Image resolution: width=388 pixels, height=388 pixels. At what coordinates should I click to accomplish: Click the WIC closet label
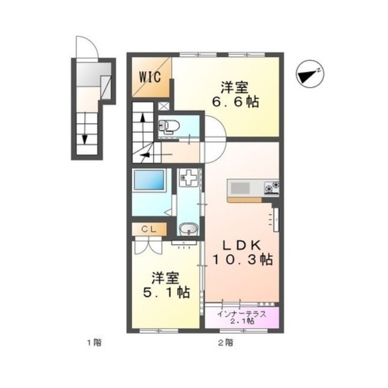(x=150, y=77)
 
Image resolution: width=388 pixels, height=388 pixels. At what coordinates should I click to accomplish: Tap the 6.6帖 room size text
(x=235, y=102)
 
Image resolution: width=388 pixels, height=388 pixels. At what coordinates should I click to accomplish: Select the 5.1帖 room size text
(x=166, y=292)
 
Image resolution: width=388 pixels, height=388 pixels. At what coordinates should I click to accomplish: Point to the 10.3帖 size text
(x=242, y=260)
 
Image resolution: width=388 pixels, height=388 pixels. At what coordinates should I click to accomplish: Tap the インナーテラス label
(x=242, y=314)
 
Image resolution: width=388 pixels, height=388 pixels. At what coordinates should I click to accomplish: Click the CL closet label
(x=149, y=230)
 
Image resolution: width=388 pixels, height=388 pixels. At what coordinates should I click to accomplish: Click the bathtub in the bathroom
(x=148, y=180)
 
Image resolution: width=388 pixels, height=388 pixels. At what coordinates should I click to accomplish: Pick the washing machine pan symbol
(x=189, y=177)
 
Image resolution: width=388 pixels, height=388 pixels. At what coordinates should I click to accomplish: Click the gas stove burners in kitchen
(x=272, y=187)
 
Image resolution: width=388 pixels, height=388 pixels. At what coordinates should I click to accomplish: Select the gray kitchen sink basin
(x=240, y=188)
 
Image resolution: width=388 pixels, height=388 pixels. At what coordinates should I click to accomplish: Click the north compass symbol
(x=310, y=73)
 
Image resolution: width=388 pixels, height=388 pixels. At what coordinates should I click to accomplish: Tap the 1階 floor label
(x=94, y=343)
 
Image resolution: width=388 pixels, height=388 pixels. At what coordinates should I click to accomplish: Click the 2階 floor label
(x=225, y=343)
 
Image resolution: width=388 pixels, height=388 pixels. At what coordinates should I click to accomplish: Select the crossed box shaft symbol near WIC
(x=164, y=107)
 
